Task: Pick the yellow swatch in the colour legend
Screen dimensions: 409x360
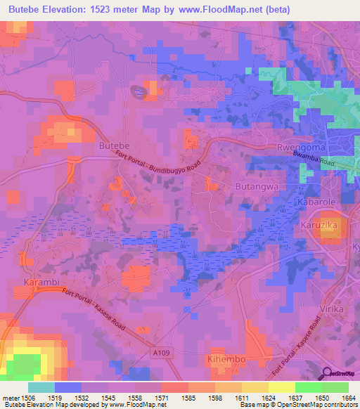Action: coord(282,387)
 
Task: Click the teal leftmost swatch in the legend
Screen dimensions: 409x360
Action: coord(41,387)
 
